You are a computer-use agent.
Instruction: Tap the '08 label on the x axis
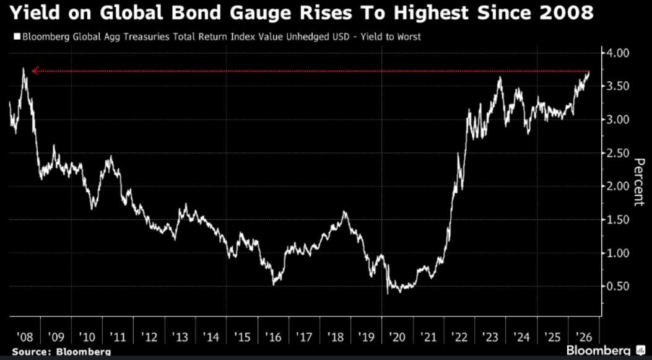click(25, 336)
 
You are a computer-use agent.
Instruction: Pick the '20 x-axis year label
click(397, 336)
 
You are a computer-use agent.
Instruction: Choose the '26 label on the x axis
click(583, 336)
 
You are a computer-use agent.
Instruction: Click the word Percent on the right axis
click(639, 182)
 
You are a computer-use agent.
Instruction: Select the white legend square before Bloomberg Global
click(17, 37)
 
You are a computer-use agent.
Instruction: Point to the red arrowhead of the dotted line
click(35, 71)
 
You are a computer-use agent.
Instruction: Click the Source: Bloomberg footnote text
click(61, 352)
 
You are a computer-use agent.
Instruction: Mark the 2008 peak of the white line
click(24, 68)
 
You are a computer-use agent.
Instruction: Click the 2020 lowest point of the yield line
click(388, 294)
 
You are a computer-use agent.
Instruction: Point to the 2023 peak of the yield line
click(500, 77)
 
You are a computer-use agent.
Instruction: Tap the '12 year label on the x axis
click(149, 336)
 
